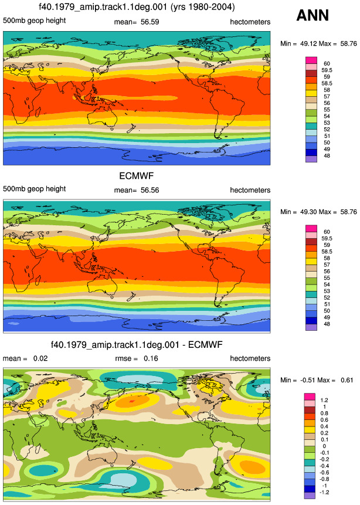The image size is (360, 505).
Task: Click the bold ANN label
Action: [313, 15]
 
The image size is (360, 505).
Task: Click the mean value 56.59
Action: [150, 22]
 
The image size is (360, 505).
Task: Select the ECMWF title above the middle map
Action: [137, 176]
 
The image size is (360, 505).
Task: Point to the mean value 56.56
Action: [150, 191]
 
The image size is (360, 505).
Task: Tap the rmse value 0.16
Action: [151, 358]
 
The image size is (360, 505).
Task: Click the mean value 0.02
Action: [40, 358]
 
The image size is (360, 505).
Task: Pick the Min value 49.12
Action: [309, 43]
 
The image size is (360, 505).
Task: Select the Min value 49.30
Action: [309, 212]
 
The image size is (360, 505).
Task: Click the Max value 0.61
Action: [347, 380]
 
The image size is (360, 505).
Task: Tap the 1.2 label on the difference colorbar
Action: [324, 400]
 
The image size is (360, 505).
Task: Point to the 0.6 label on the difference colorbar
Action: [324, 419]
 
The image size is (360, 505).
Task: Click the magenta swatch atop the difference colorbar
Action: [310, 396]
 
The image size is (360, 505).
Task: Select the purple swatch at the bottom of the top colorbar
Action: [311, 159]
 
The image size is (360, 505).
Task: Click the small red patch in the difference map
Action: [132, 401]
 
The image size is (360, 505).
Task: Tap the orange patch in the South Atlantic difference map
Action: [253, 466]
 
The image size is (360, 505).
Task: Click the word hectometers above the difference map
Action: [250, 358]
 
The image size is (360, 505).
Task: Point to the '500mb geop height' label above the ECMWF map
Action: [35, 189]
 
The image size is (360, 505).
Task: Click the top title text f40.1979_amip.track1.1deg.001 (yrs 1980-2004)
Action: [137, 7]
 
